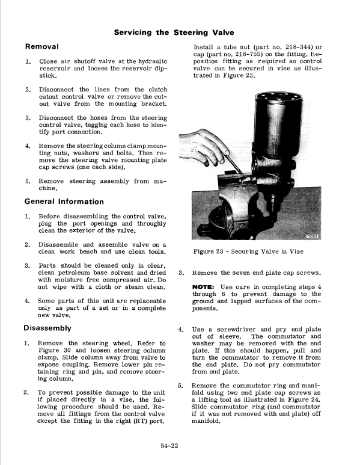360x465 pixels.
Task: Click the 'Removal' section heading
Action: tap(41, 46)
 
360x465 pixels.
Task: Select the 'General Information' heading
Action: tap(64, 202)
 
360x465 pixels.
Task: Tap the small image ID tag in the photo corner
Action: tap(314, 236)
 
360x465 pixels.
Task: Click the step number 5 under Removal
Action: tap(27, 180)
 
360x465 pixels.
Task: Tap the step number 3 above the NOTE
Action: tap(182, 273)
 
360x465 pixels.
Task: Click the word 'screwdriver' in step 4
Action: tap(234, 329)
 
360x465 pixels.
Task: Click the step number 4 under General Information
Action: tap(27, 301)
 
